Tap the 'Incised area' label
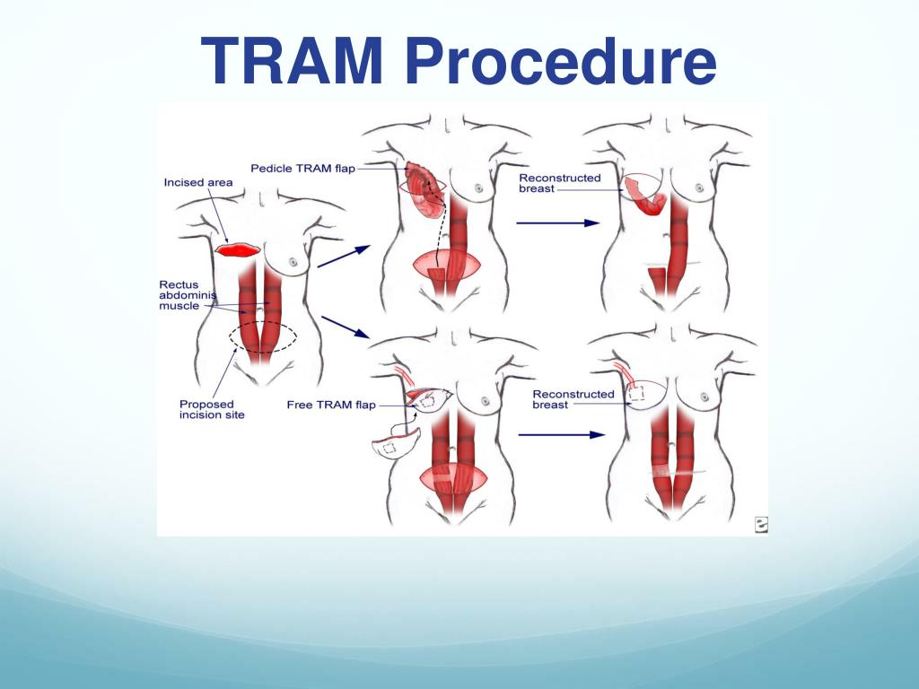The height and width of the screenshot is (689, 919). pyautogui.click(x=198, y=183)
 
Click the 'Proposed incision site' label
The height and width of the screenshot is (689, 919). pyautogui.click(x=212, y=409)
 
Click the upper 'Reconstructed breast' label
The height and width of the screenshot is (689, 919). pyautogui.click(x=559, y=183)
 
